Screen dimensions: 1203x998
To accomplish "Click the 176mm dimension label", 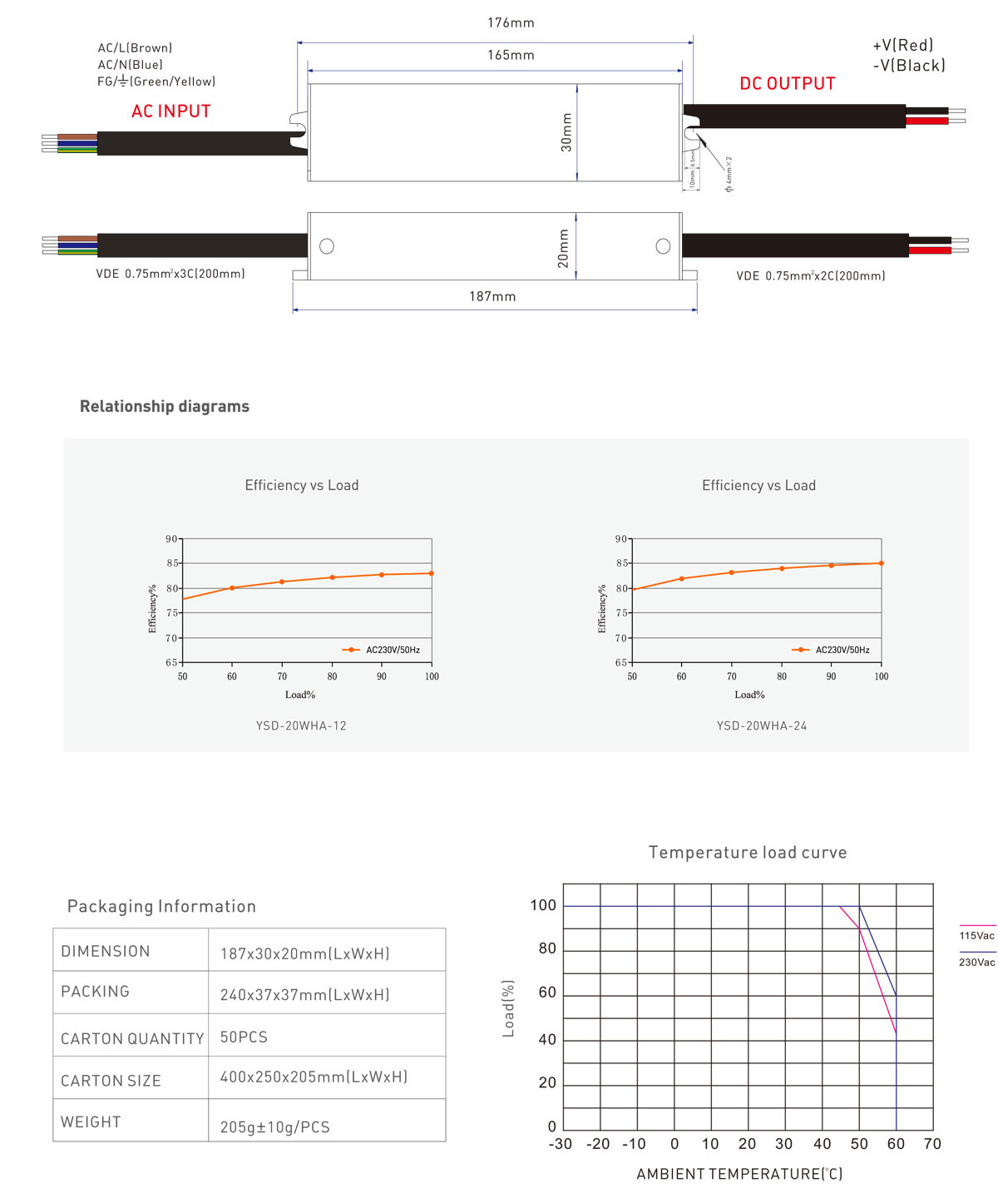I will (x=511, y=23).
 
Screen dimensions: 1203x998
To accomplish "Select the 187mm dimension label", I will (x=492, y=297).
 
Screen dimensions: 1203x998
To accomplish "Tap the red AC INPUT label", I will (x=171, y=111).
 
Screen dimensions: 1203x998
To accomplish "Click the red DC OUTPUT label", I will (x=787, y=84).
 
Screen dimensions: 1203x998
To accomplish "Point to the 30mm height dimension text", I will (x=566, y=131).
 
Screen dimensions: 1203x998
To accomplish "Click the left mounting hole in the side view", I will (x=327, y=246).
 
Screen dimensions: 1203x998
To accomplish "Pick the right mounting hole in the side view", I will (x=663, y=246).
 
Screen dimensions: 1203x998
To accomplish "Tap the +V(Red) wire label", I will (x=902, y=46).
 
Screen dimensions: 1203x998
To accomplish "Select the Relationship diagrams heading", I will (x=165, y=406).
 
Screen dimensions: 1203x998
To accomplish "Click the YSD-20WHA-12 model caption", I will (x=301, y=725).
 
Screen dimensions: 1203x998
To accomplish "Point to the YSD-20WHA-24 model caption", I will (x=762, y=725).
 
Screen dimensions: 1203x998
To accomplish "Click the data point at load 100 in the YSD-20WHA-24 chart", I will (x=881, y=563).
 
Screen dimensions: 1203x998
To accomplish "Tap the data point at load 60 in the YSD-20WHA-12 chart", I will (x=232, y=588).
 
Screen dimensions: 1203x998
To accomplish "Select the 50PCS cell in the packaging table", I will (x=244, y=1037).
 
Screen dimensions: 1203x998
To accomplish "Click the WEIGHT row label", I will (x=91, y=1122).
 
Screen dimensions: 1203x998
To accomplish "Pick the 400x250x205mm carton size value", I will (x=314, y=1077).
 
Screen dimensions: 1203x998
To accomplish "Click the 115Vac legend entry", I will (x=976, y=935).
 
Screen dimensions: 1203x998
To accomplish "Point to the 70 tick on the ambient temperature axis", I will (x=932, y=1144).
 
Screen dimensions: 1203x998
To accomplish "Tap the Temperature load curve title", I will (x=748, y=853).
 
